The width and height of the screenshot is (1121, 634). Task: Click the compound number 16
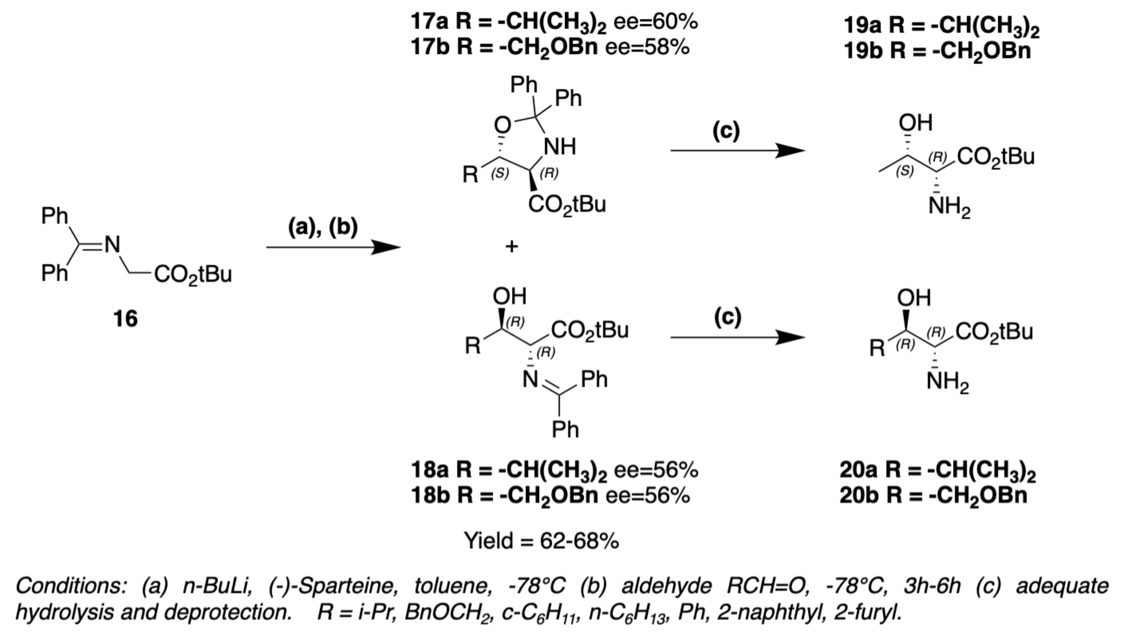pyautogui.click(x=125, y=319)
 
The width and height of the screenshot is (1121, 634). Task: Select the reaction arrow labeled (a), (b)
pyautogui.click(x=333, y=247)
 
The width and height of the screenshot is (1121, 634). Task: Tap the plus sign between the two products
pyautogui.click(x=512, y=247)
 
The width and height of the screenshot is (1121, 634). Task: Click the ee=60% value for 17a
pyautogui.click(x=656, y=22)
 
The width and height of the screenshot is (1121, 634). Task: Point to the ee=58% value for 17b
pyautogui.click(x=648, y=48)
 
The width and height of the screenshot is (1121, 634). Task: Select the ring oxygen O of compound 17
pyautogui.click(x=502, y=125)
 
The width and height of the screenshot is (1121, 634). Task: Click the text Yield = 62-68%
pyautogui.click(x=541, y=541)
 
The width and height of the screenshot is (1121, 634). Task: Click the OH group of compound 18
pyautogui.click(x=510, y=296)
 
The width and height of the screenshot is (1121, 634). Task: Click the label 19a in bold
pyautogui.click(x=862, y=26)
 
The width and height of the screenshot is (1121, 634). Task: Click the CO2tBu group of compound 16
pyautogui.click(x=193, y=275)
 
